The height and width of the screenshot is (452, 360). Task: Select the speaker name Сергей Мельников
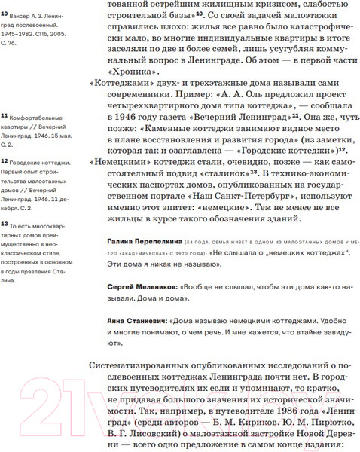(x=137, y=289)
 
